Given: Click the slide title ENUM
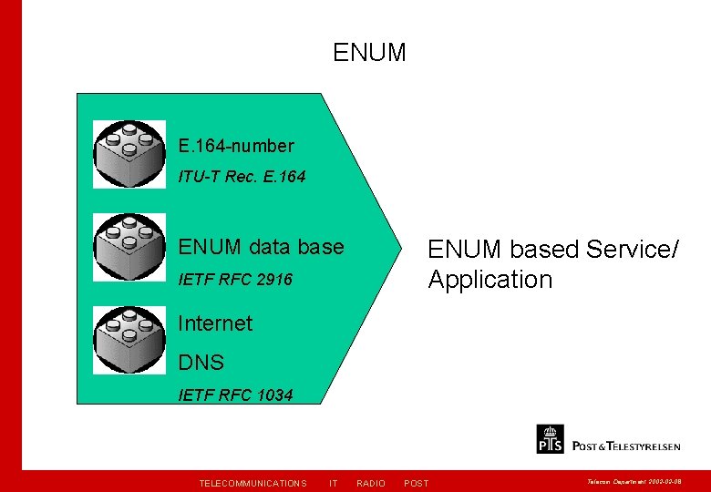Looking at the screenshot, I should point(369,53).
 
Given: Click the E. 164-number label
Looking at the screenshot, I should point(236,146).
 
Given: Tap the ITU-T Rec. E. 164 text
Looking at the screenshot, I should point(242,177).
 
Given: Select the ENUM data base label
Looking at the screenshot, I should point(261,247).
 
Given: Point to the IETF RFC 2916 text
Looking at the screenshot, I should point(235,280).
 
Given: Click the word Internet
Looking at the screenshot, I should point(215,323).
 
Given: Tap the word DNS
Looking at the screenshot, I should point(201,363).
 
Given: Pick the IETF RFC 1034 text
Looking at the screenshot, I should point(235,395).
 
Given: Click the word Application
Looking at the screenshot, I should point(490,280).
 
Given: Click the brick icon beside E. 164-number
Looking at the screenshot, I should point(129,154).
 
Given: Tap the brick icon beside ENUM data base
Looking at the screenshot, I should point(129,247).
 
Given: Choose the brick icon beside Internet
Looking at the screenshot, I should point(129,339).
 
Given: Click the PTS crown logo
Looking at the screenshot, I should point(551,439).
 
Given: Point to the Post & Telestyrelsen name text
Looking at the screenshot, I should point(626,446).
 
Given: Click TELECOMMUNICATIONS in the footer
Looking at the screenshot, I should point(252,483).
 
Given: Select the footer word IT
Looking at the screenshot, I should point(334,483).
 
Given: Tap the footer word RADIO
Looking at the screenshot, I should point(371,483).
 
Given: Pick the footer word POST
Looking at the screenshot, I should point(416,483).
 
